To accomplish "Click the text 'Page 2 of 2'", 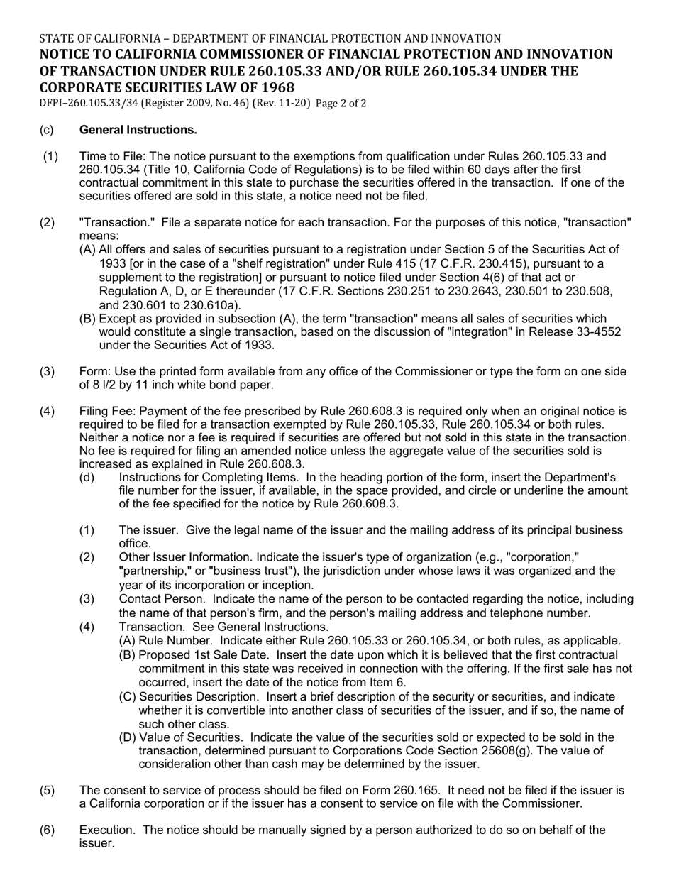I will click(341, 104).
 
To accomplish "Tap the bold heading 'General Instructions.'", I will click(138, 130).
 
